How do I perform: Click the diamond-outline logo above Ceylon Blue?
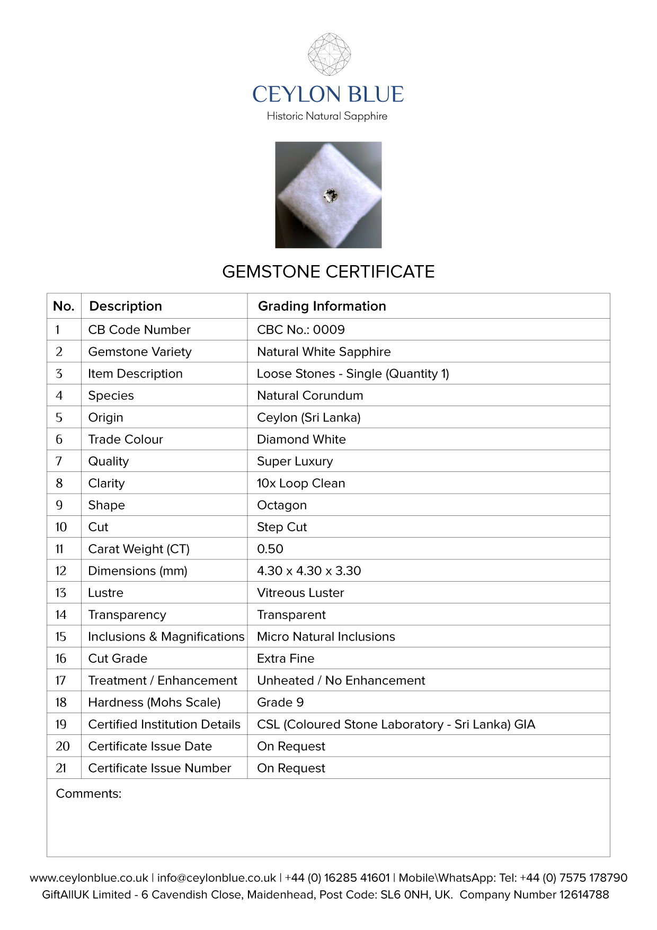(x=329, y=54)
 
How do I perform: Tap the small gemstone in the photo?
(x=330, y=195)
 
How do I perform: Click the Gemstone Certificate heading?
(x=328, y=271)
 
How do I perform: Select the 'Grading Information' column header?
(x=322, y=306)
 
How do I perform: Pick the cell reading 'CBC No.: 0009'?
(x=300, y=329)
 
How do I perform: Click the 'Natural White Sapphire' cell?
(x=324, y=352)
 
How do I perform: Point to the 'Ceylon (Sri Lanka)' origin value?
(x=308, y=417)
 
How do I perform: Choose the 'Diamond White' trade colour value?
(x=301, y=439)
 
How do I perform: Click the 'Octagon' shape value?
(x=281, y=505)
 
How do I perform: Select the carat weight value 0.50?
(x=270, y=549)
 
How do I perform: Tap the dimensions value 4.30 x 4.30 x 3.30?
(x=308, y=571)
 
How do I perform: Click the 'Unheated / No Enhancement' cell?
(x=341, y=680)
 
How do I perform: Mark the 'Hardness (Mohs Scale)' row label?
(x=154, y=702)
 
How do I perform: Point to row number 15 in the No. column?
(x=61, y=636)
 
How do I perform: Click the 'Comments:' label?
(x=88, y=793)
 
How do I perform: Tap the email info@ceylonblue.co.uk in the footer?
(x=217, y=878)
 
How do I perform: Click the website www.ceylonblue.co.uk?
(x=88, y=878)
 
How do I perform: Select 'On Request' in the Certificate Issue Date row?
(x=291, y=746)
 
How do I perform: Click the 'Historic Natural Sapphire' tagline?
(x=327, y=116)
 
